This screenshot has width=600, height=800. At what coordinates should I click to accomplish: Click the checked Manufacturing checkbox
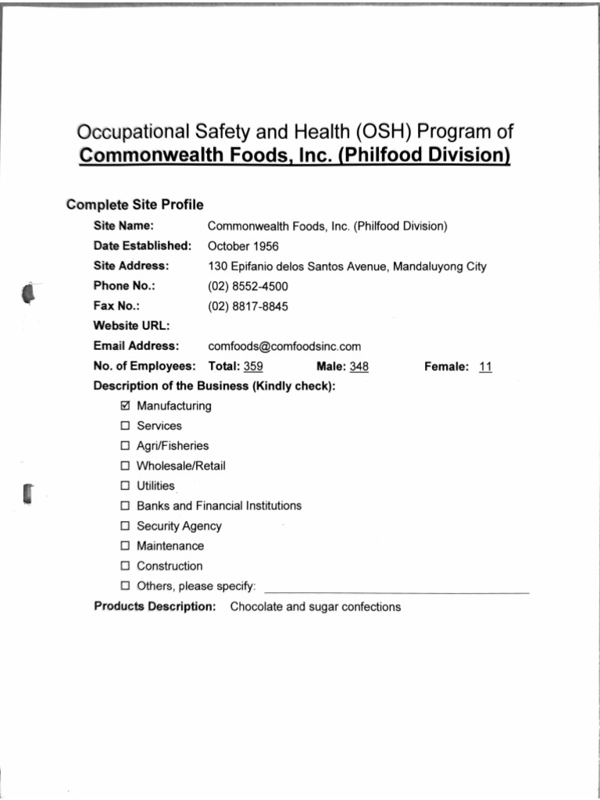(x=126, y=406)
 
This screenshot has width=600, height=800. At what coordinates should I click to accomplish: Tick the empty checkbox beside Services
(x=126, y=427)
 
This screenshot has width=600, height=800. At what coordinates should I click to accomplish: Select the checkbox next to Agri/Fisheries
(x=126, y=446)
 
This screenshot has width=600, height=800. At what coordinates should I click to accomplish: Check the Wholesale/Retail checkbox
(x=126, y=466)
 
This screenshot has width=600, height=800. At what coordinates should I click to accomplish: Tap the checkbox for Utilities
(x=126, y=486)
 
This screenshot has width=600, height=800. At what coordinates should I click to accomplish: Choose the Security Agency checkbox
(x=126, y=527)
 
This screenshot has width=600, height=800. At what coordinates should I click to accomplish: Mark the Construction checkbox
(x=126, y=566)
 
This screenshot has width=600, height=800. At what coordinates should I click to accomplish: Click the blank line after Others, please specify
(x=397, y=587)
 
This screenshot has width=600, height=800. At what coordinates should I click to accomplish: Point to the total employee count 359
(x=253, y=366)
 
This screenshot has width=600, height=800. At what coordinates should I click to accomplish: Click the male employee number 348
(x=359, y=366)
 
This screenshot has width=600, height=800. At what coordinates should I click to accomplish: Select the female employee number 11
(x=485, y=366)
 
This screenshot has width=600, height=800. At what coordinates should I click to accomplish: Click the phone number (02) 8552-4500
(x=248, y=287)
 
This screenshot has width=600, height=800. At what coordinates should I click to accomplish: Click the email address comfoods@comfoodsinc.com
(x=284, y=346)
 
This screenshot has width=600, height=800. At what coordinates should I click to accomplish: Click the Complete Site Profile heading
(x=135, y=205)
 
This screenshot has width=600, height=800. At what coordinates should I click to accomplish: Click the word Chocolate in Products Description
(x=256, y=607)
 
